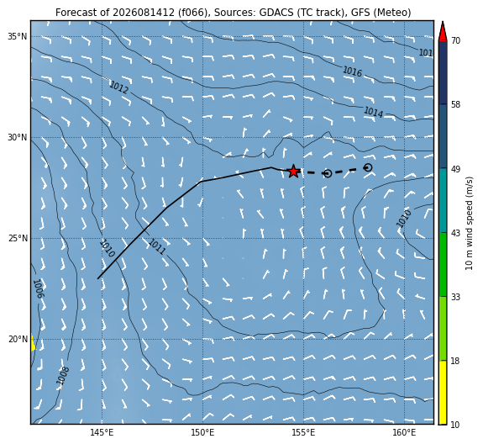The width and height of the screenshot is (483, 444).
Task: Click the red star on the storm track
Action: (293, 172)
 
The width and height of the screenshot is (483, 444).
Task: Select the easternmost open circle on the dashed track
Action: (368, 167)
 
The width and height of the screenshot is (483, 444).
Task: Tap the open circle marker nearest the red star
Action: (328, 173)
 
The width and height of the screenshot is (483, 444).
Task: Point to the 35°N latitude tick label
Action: (18, 37)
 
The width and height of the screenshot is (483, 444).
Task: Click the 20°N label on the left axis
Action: (18, 340)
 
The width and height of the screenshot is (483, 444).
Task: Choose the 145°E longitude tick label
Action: (102, 432)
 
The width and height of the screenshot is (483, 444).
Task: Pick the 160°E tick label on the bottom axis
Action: (404, 432)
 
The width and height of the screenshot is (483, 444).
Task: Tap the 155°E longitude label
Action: (303, 432)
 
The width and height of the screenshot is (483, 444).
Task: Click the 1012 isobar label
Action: (119, 87)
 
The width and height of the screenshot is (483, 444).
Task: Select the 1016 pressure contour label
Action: (353, 71)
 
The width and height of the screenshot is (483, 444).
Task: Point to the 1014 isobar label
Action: (373, 112)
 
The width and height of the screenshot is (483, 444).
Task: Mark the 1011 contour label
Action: (157, 246)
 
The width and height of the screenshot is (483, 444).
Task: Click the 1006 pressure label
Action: (39, 288)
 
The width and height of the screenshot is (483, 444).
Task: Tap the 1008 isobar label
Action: (63, 375)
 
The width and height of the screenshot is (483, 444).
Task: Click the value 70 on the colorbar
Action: (455, 40)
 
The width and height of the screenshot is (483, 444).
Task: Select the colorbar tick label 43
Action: (455, 233)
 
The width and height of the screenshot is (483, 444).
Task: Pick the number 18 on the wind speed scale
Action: (455, 361)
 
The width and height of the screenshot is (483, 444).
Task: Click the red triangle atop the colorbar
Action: (443, 32)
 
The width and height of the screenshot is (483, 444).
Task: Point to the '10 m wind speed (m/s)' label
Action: (469, 223)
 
